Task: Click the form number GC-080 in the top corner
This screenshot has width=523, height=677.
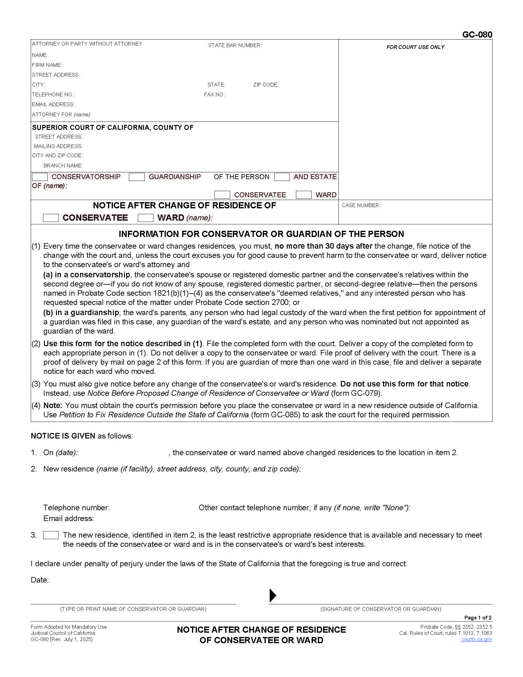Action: point(477,34)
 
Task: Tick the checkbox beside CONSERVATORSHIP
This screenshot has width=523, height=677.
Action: point(40,177)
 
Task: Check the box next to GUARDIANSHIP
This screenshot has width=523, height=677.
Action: point(137,177)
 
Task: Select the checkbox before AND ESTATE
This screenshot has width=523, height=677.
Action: point(282,177)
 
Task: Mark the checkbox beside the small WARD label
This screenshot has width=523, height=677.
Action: point(304,195)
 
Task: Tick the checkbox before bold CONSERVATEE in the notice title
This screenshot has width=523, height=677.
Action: point(51,218)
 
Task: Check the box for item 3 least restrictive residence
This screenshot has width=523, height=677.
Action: point(51,535)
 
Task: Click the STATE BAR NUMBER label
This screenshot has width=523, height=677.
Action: point(235,46)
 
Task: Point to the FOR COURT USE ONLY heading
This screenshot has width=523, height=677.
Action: point(415,47)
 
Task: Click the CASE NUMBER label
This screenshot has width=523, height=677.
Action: point(361,206)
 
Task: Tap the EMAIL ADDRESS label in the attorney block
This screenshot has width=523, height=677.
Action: point(53,104)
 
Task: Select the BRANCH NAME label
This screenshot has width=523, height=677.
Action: point(63,166)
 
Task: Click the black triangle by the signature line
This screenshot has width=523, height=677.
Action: point(273,595)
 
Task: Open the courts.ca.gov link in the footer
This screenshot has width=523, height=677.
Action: point(477,639)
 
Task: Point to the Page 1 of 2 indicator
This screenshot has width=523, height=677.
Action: point(478,618)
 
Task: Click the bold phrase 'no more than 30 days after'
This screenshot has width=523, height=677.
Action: point(323,246)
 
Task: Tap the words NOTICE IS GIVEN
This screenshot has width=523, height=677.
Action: point(63,436)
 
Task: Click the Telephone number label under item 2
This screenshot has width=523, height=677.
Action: point(76,507)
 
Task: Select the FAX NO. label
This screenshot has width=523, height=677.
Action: point(215,94)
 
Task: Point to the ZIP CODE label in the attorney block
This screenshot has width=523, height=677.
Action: point(266,85)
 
